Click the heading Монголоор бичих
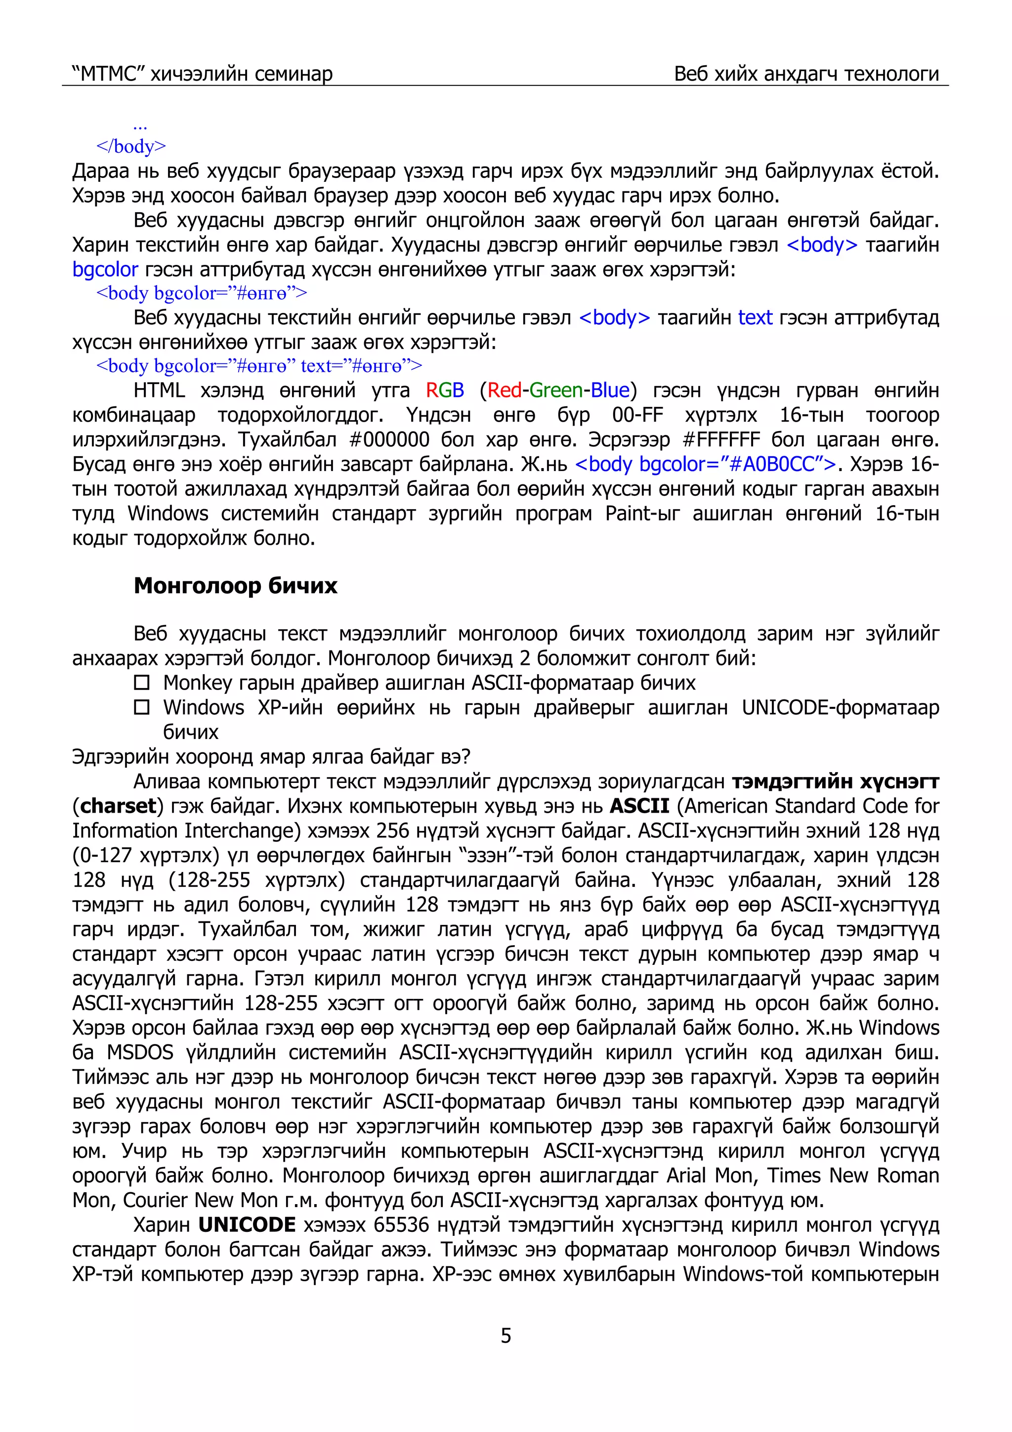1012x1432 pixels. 235,586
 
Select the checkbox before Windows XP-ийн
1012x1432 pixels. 142,707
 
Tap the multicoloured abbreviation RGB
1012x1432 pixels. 445,391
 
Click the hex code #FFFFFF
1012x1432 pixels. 721,440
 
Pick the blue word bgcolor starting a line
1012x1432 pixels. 105,269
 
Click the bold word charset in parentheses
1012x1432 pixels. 118,806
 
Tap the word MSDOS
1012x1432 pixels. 140,1053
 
